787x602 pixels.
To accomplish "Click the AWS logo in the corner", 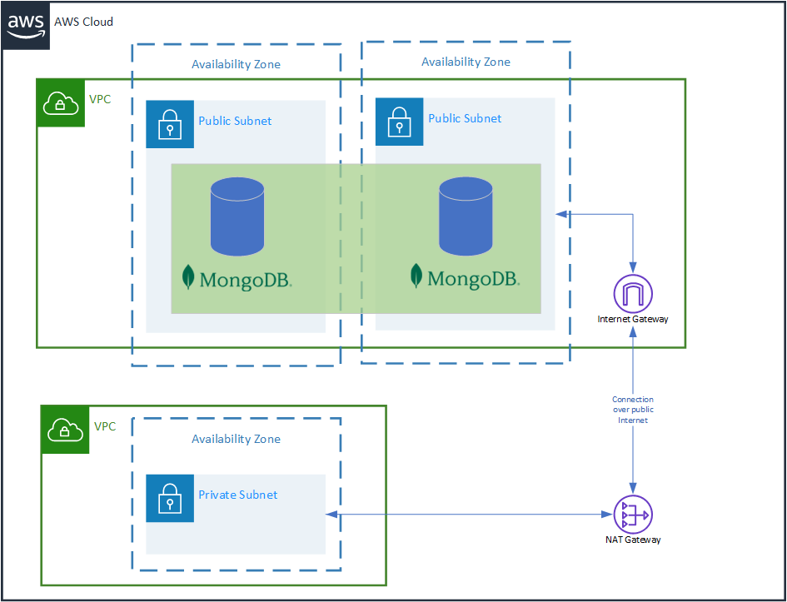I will (x=26, y=25).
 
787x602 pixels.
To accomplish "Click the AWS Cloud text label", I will (x=83, y=22).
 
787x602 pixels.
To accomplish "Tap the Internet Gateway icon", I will (x=633, y=294).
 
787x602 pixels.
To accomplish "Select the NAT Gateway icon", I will (x=633, y=515).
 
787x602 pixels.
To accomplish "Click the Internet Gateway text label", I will (x=633, y=319).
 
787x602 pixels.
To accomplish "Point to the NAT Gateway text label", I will (x=633, y=540).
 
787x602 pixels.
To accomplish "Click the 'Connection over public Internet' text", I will (x=633, y=410).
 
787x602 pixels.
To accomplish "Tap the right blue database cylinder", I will (x=466, y=216).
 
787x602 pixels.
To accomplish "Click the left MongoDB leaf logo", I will (x=189, y=277).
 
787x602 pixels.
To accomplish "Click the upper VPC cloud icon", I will (x=61, y=103).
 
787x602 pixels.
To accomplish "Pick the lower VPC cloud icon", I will (x=66, y=430).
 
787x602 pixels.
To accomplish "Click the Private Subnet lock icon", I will (x=170, y=498).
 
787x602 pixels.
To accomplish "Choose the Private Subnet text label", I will (x=238, y=495).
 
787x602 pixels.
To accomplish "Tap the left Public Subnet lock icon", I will (x=170, y=125).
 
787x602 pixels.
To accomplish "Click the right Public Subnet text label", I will (x=465, y=118).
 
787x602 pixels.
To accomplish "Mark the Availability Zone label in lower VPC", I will (x=236, y=439).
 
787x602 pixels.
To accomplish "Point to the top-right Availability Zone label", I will (x=466, y=62).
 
